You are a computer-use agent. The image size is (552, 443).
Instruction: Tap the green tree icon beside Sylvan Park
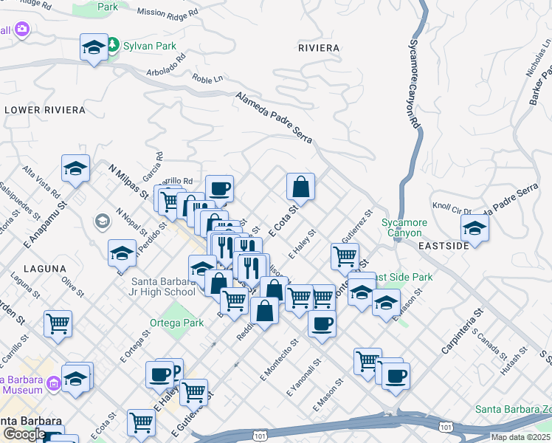(112, 45)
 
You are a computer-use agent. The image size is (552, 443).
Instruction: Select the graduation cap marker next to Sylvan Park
(94, 49)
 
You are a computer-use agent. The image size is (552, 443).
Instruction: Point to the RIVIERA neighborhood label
(319, 48)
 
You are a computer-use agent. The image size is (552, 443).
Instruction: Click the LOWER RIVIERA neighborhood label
(45, 110)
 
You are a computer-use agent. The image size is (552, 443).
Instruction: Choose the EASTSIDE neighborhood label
(444, 245)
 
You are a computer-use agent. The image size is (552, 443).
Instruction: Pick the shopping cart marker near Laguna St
(58, 323)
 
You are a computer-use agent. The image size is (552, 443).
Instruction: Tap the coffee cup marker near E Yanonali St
(322, 323)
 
